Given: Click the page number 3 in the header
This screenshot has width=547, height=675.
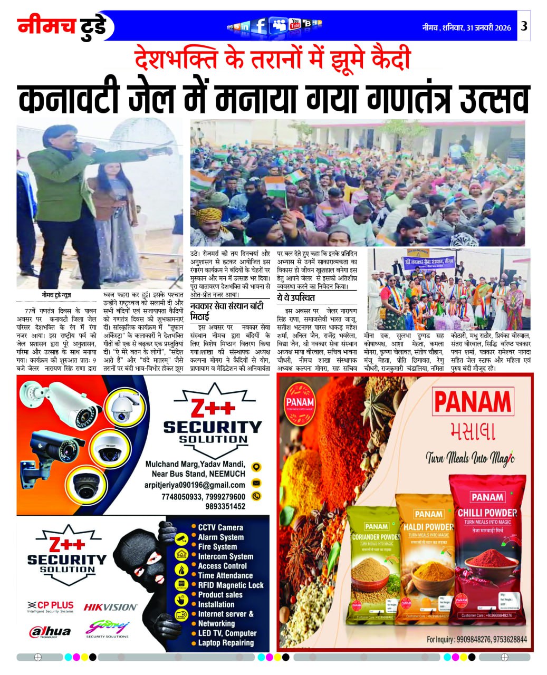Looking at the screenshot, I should tap(523, 26).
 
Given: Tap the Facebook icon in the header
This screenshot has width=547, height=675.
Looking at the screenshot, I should tap(259, 26).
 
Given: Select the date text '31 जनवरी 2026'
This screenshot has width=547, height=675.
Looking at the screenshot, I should tap(488, 28).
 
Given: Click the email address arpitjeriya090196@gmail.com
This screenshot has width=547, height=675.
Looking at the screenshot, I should tap(195, 485).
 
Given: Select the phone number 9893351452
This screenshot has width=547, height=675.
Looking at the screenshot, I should tap(225, 506).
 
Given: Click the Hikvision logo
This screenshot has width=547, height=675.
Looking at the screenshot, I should tap(111, 607).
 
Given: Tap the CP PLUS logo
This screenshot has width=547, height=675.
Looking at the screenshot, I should tap(51, 606).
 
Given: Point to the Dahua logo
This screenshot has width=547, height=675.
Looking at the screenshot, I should tap(50, 631).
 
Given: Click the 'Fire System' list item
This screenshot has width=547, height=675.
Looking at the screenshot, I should tap(217, 547).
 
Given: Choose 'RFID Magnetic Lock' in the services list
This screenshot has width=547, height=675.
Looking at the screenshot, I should tap(231, 585).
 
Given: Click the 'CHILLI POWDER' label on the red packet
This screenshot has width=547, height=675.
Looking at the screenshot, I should tap(486, 513).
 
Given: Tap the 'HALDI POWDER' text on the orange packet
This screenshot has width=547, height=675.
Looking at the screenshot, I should tap(428, 527).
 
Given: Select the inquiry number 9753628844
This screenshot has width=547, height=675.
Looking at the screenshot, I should tap(510, 640).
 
